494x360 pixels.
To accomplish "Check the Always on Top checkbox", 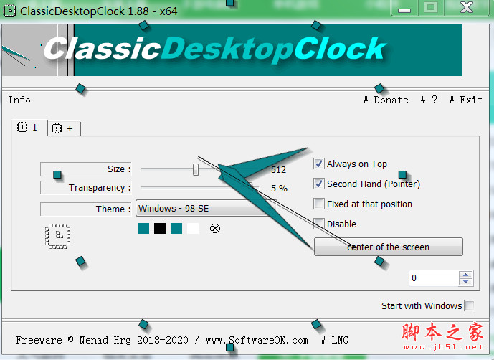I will tap(319, 164).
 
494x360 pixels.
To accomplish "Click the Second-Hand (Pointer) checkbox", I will tap(319, 184).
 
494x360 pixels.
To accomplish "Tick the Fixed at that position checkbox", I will tap(319, 204).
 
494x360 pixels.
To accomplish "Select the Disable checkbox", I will tap(319, 224).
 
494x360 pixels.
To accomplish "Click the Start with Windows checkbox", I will tap(470, 305).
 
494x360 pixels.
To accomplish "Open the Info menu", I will tap(19, 100).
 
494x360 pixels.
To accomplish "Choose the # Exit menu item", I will tap(466, 100).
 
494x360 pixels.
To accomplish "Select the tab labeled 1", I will tap(28, 128).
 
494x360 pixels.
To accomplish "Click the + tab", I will tap(64, 128).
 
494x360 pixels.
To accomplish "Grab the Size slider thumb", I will tap(196, 169).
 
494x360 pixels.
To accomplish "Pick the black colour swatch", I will tap(159, 228).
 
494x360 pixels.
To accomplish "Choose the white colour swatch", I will tap(193, 228).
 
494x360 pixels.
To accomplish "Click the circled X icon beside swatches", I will tap(215, 228).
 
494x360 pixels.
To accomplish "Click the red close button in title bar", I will tap(467, 8).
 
